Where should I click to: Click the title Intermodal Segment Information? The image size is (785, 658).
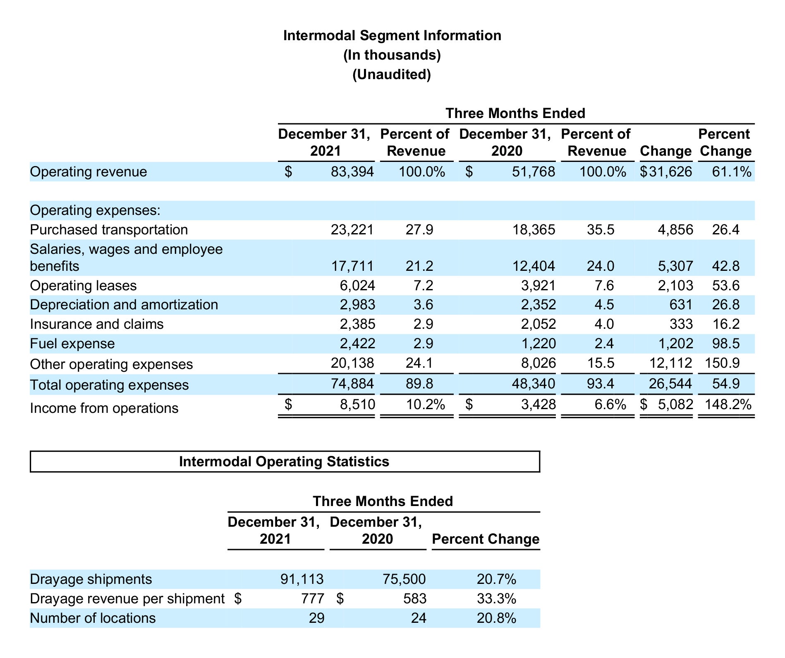pos(392,36)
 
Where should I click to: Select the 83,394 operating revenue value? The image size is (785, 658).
pos(352,171)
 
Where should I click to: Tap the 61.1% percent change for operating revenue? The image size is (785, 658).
pos(731,171)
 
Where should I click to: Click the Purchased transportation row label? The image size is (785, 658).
pos(109,229)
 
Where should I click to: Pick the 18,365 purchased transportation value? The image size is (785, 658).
pos(534,229)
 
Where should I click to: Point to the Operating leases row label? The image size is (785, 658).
pos(83,285)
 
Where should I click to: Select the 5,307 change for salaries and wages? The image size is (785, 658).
pos(675,266)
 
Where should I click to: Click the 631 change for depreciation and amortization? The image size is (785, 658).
pos(681,304)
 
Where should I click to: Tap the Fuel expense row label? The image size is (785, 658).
pos(72,344)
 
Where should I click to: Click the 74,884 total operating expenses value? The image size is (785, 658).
pos(352,383)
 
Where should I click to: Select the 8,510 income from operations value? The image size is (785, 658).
pos(358,404)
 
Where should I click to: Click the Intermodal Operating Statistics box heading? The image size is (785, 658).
pos(284,461)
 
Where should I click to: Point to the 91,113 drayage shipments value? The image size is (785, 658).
pos(302,579)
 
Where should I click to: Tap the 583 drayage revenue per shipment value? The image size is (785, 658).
pos(415,599)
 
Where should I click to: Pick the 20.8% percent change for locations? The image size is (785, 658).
pos(496,618)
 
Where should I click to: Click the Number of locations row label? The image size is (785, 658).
pos(93,618)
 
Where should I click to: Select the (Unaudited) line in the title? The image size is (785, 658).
pos(392,75)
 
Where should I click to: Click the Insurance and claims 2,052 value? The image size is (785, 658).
pos(538,324)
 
